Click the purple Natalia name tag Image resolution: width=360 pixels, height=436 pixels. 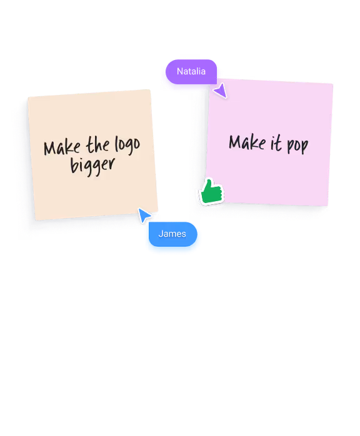tap(191, 71)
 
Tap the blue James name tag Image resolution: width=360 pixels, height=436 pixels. tap(172, 234)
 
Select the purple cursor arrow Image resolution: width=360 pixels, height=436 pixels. tap(221, 91)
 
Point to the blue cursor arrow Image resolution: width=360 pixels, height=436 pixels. tap(144, 215)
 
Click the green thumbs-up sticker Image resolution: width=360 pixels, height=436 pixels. tap(211, 192)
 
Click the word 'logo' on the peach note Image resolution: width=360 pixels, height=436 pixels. tap(127, 145)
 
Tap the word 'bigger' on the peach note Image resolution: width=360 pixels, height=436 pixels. tap(92, 166)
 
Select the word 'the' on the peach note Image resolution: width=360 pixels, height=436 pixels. tap(97, 145)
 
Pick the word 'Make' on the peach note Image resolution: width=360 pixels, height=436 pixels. tap(62, 147)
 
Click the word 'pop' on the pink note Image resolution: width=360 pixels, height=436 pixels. tap(297, 144)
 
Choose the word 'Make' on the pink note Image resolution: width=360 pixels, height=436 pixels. tap(247, 142)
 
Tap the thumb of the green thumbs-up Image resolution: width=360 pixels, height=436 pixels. tap(209, 186)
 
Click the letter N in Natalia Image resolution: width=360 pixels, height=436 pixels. tap(180, 71)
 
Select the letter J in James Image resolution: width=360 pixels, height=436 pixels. tap(161, 234)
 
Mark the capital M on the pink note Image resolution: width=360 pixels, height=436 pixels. tap(236, 142)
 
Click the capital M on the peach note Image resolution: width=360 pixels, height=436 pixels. tap(51, 148)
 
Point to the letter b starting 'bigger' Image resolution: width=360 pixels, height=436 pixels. tap(74, 165)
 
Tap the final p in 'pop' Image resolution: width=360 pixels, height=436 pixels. tap(304, 146)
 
